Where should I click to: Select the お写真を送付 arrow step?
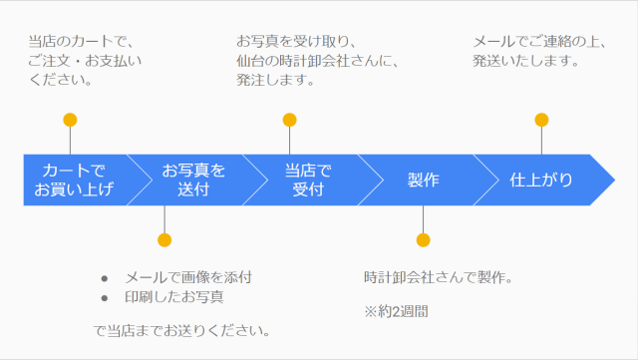193,180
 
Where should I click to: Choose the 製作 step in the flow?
423,180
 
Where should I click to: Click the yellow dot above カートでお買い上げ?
70,121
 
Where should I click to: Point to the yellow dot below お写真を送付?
164,239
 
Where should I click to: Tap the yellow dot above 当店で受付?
289,121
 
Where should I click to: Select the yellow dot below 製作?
423,239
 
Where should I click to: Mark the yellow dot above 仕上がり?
541,121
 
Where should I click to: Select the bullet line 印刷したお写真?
173,297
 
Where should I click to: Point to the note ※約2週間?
396,311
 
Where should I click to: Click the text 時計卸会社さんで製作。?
438,276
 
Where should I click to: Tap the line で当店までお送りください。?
184,330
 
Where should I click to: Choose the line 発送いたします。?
524,60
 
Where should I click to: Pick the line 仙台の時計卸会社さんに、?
317,60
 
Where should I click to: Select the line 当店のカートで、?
81,41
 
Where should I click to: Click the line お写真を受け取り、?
296,41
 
